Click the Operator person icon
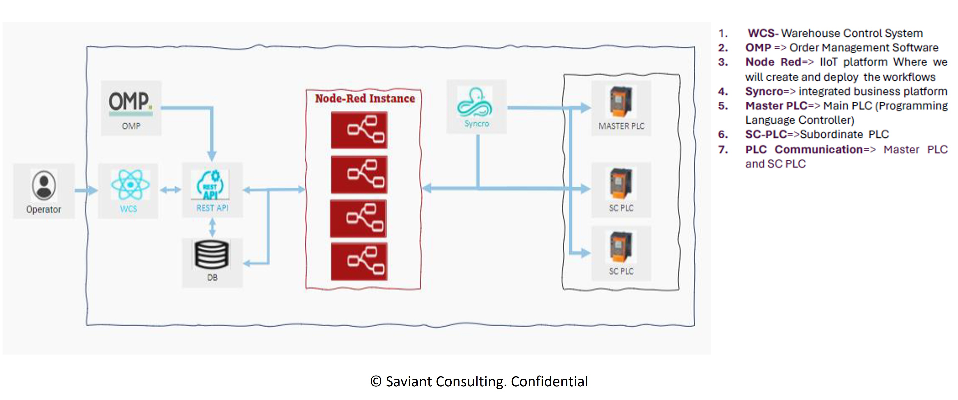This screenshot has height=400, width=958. (x=44, y=185)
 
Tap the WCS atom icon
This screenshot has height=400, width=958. (x=130, y=185)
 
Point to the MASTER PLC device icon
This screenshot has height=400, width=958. (x=620, y=102)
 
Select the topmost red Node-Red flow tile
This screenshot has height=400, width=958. (x=359, y=130)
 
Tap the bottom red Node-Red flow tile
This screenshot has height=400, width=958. (x=359, y=261)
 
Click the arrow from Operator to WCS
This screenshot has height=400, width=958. (x=86, y=191)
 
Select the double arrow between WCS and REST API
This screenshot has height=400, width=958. (x=170, y=190)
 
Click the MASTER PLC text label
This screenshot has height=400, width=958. (x=621, y=126)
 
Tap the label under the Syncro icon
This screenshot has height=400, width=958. (x=476, y=124)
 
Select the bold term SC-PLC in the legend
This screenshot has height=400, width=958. (x=766, y=134)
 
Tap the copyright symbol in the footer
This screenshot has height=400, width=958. (x=376, y=381)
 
